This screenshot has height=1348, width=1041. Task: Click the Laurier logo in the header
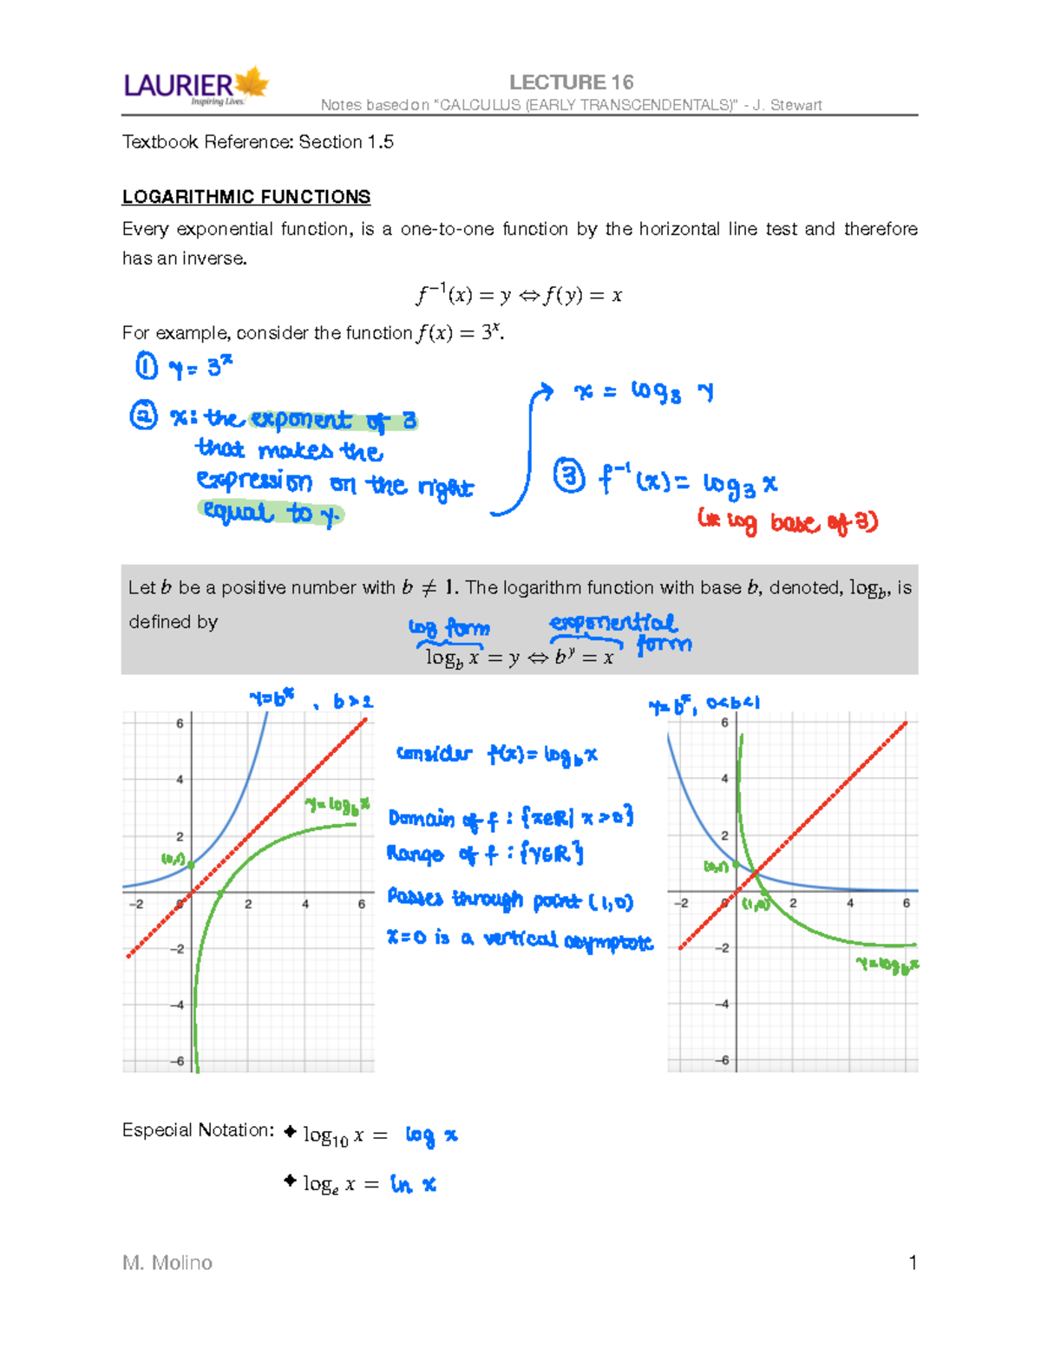pos(196,87)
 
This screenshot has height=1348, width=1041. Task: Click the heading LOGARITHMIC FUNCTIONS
pos(246,197)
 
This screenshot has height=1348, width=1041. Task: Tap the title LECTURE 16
pos(571,82)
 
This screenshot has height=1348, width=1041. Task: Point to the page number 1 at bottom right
pos(913,1262)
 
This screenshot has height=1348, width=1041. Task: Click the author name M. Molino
pos(167,1262)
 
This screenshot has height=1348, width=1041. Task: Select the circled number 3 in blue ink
pos(569,477)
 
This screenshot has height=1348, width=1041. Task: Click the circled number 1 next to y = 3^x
pos(147,366)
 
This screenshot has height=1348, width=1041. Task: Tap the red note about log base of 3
pos(788,521)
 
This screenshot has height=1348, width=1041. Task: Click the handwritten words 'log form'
pos(449,627)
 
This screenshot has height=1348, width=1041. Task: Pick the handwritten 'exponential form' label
pos(620,632)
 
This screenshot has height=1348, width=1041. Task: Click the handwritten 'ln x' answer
pos(413,1184)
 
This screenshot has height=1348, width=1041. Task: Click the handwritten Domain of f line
pos(510,817)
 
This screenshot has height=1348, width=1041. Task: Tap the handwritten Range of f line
pos(484,854)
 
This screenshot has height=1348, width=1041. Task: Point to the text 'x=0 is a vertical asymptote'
pos(519,939)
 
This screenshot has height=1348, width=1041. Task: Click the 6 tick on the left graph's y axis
pos(180,723)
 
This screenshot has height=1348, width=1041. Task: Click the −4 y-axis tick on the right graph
pos(724,1004)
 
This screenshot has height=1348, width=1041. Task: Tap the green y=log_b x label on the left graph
pos(337,806)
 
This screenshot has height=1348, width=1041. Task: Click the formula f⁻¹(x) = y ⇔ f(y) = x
pos(519,295)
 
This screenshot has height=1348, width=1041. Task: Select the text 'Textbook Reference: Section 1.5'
pos(258,142)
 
